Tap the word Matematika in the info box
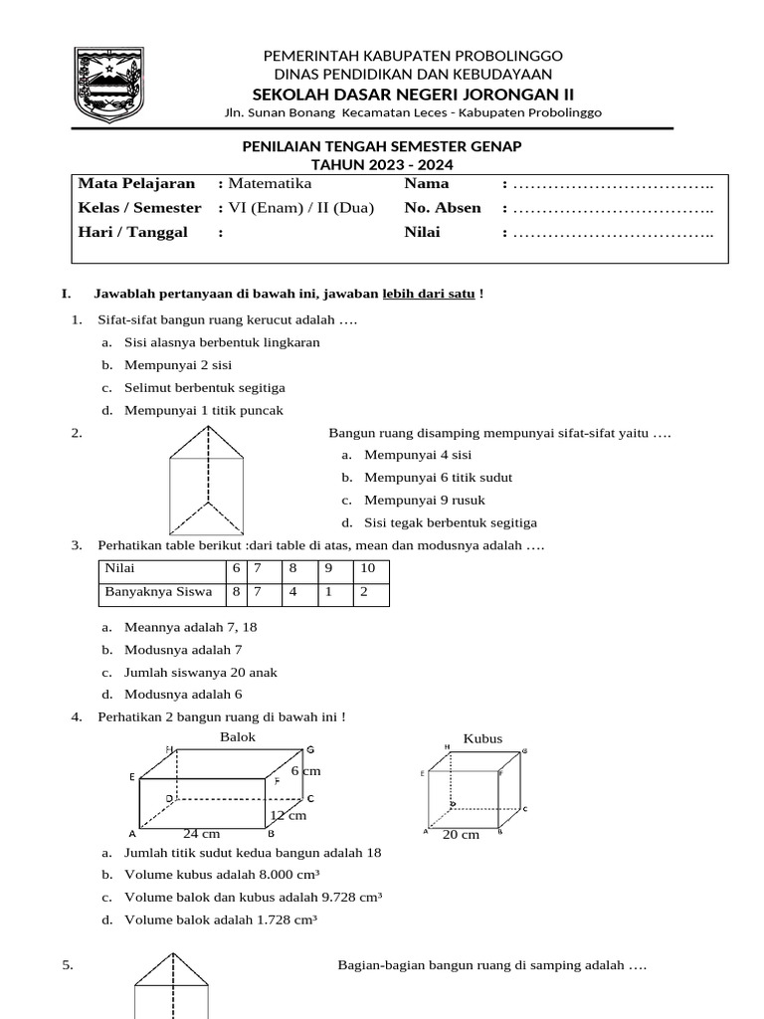pyautogui.click(x=270, y=184)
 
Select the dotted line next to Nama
pyautogui.click(x=614, y=184)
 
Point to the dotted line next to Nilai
pyautogui.click(x=614, y=233)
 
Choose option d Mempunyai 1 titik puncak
pyautogui.click(x=204, y=410)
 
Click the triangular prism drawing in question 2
pyautogui.click(x=207, y=481)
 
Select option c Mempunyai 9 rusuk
pyautogui.click(x=425, y=500)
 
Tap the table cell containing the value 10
pyautogui.click(x=368, y=569)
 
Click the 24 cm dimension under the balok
pyautogui.click(x=201, y=833)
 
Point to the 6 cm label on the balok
pyautogui.click(x=306, y=771)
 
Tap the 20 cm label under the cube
pyautogui.click(x=461, y=834)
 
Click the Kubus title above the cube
pyautogui.click(x=482, y=738)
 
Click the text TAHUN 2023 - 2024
pyautogui.click(x=382, y=163)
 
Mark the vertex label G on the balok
pyautogui.click(x=310, y=749)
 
